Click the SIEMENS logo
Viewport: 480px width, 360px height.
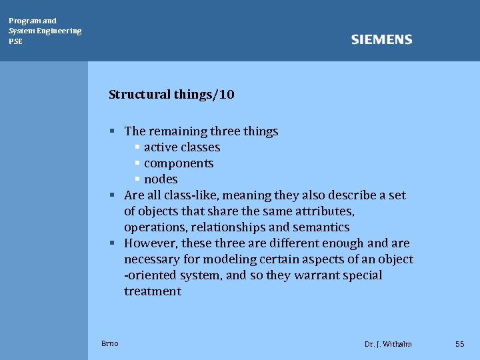(x=381, y=40)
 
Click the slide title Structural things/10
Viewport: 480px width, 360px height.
(x=171, y=95)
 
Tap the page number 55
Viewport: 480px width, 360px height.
(x=459, y=344)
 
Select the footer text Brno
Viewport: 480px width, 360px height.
(x=110, y=343)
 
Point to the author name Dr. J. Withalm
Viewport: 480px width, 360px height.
(x=388, y=344)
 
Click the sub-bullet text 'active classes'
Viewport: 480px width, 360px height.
(x=182, y=147)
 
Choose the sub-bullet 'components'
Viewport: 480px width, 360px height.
(x=179, y=163)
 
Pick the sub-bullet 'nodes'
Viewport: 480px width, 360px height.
(x=161, y=179)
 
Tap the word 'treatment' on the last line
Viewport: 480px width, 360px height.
(x=153, y=291)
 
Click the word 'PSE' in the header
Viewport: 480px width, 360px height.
(x=15, y=41)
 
